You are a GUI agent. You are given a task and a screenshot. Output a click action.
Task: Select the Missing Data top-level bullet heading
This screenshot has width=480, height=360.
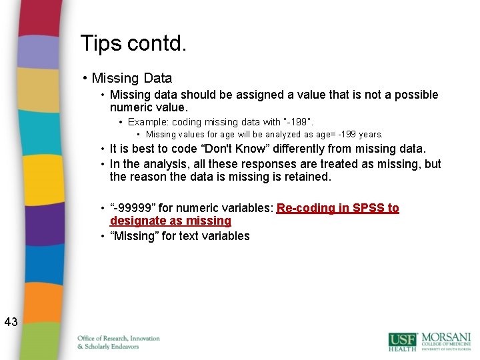tap(131, 78)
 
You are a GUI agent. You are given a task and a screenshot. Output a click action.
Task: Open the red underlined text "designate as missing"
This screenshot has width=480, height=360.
tap(170, 221)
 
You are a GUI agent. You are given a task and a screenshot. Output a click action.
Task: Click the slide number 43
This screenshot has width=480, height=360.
tap(11, 323)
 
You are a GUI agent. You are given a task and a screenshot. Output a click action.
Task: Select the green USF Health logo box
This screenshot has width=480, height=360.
tap(402, 341)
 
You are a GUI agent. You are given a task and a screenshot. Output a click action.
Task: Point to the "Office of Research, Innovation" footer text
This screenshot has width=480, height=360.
tap(119, 339)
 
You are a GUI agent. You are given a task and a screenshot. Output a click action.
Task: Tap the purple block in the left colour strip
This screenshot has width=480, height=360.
tap(39, 223)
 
